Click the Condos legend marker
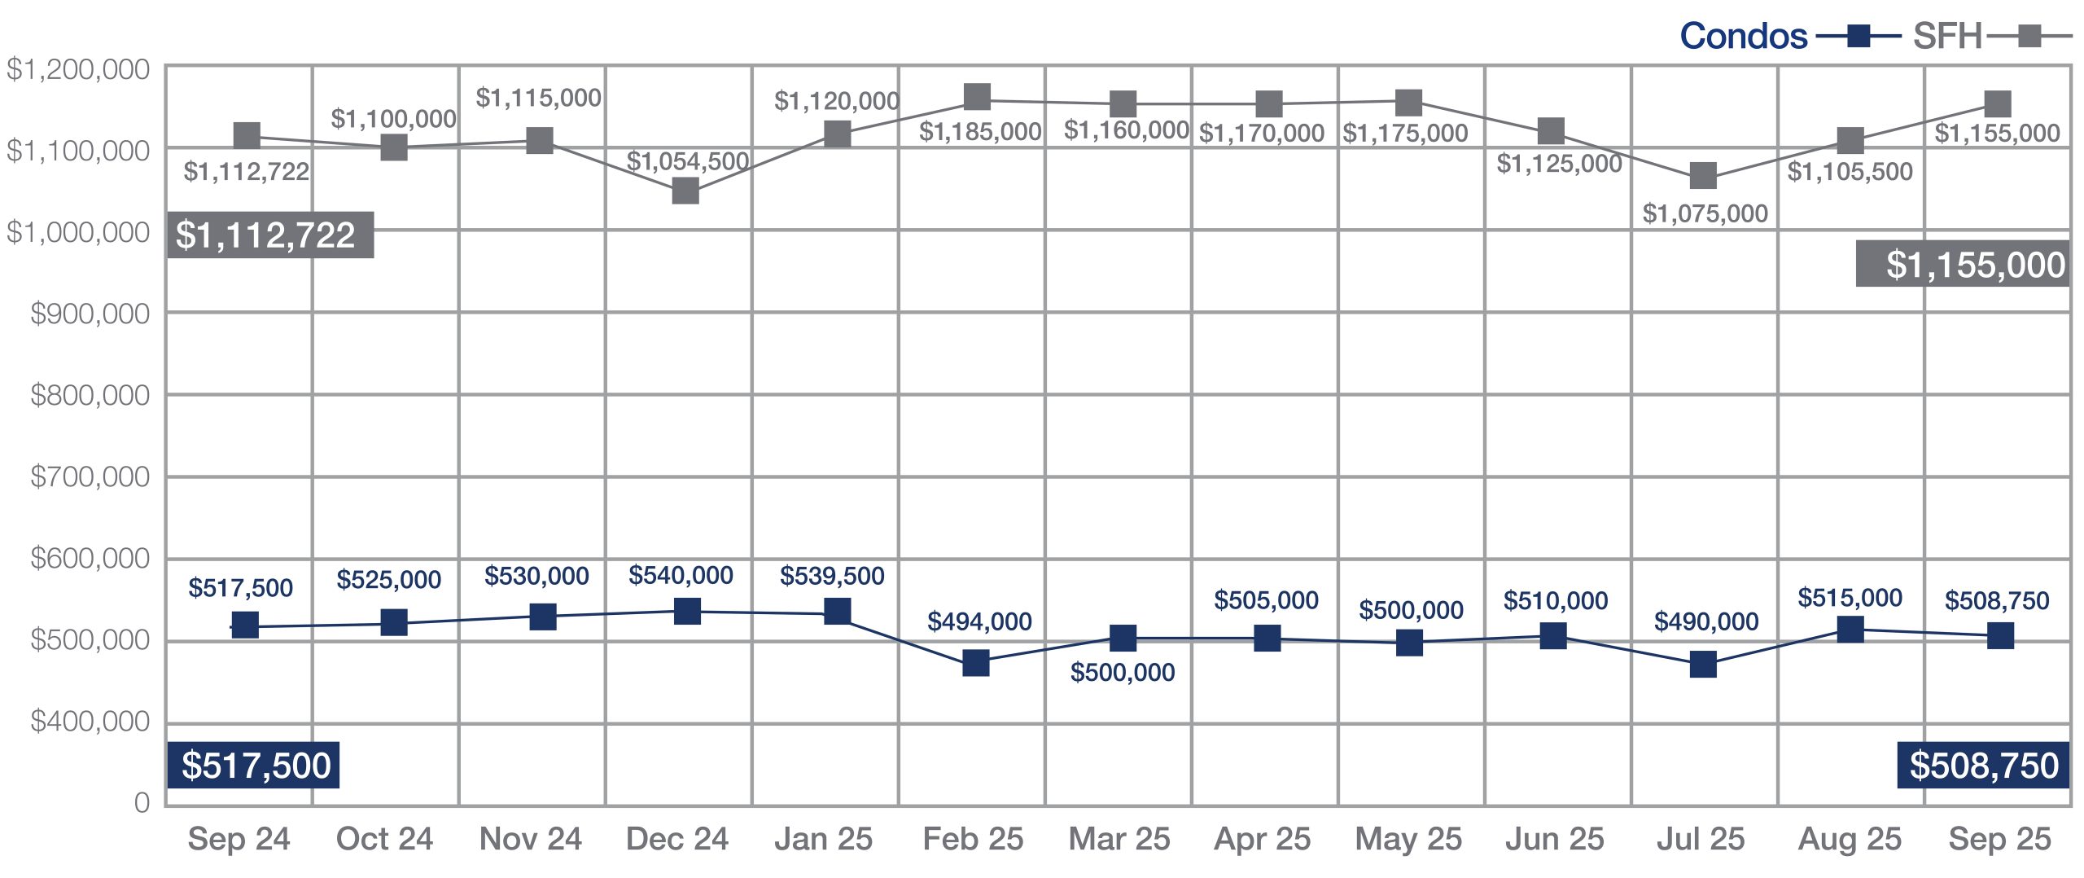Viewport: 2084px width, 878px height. tap(1859, 37)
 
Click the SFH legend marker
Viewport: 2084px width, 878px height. tap(2029, 37)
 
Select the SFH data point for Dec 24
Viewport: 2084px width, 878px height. tap(685, 191)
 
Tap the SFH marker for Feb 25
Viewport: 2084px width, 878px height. tap(977, 98)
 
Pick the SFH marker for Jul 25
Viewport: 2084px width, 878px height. tap(1703, 175)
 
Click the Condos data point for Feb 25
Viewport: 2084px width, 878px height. tap(975, 663)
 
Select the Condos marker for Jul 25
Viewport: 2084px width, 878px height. tap(1703, 665)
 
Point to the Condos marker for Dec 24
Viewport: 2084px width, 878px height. tap(687, 611)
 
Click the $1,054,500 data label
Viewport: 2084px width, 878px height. tap(688, 161)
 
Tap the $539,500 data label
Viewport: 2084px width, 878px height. tap(832, 576)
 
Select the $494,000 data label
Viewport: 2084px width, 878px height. tap(979, 621)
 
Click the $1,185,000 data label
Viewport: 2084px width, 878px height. tap(980, 131)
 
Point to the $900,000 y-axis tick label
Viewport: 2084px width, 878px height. tap(90, 314)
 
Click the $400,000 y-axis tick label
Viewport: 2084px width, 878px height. tap(90, 722)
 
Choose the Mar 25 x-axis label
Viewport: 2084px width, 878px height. tap(1119, 839)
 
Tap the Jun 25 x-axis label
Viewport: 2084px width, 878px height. tap(1554, 839)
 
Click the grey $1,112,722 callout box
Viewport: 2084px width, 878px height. tap(269, 235)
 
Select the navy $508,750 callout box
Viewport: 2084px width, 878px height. tap(1983, 766)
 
